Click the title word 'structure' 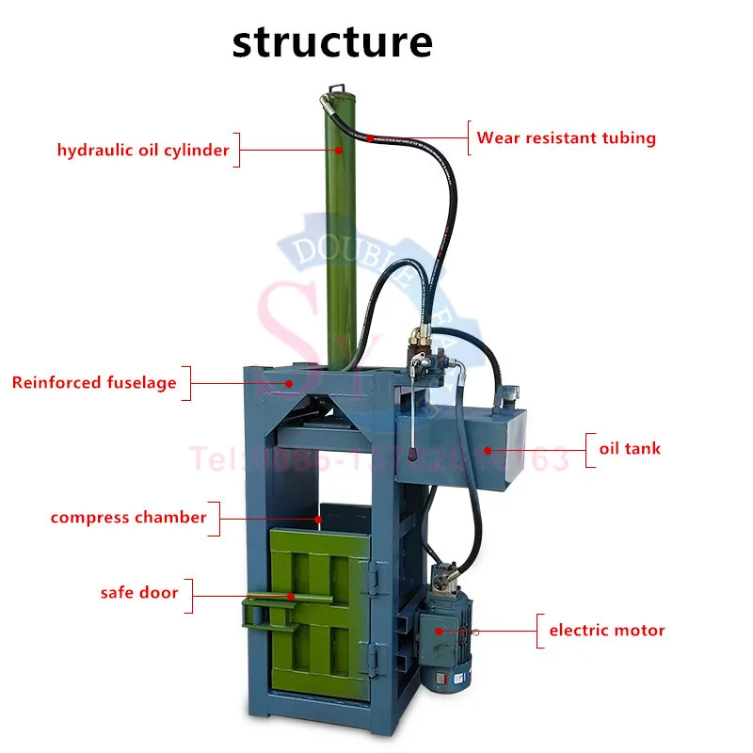click(332, 42)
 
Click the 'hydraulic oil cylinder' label click(143, 150)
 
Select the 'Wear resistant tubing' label click(566, 137)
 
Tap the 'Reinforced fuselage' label click(94, 382)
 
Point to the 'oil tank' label click(630, 448)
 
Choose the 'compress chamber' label click(128, 517)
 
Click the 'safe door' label click(139, 593)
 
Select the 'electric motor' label click(607, 630)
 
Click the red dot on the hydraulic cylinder click(342, 150)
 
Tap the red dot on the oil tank click(488, 449)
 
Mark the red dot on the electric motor click(437, 631)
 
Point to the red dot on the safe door click(292, 595)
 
